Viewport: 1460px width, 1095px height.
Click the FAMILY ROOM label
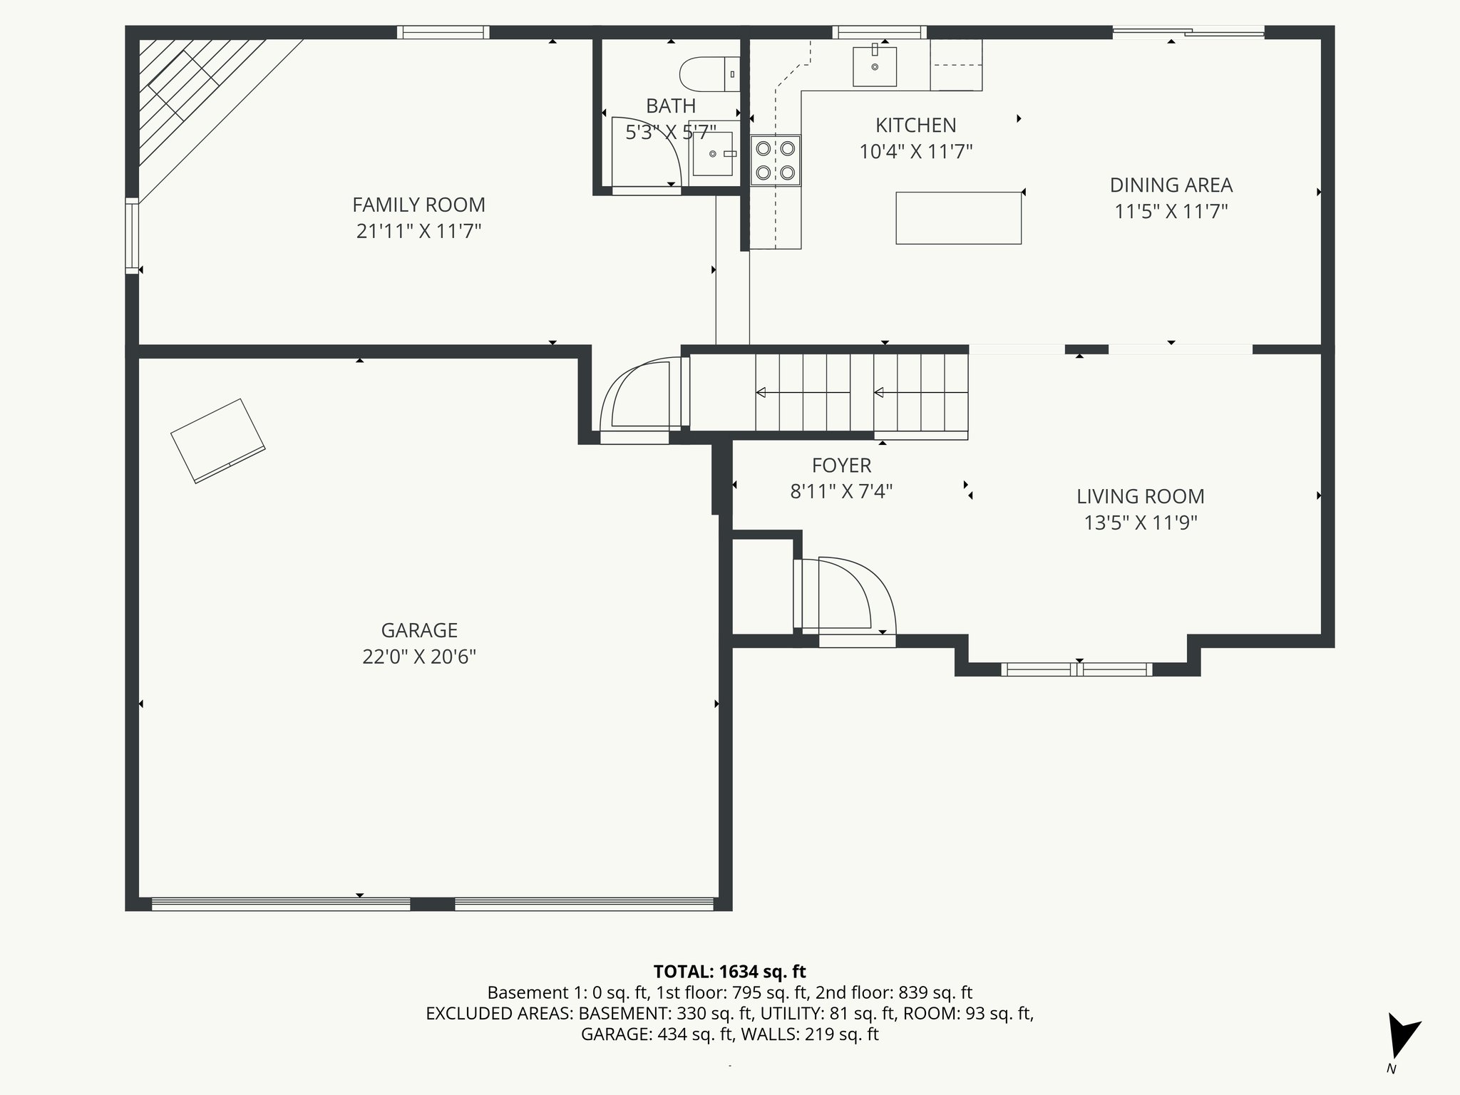click(x=418, y=205)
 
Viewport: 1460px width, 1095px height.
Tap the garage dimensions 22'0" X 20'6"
click(x=418, y=657)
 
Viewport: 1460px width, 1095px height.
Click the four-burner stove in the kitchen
click(x=776, y=160)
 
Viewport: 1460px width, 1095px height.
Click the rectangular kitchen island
click(x=958, y=218)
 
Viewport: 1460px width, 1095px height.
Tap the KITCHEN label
click(x=915, y=125)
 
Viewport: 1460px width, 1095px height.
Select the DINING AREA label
click(x=1171, y=185)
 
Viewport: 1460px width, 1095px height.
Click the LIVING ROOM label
click(x=1140, y=497)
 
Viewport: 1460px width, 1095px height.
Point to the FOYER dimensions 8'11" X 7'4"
click(x=841, y=492)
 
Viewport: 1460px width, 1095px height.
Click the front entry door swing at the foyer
click(x=848, y=597)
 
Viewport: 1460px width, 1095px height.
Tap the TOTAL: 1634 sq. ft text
click(x=729, y=972)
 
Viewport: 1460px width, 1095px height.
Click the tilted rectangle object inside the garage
click(x=217, y=441)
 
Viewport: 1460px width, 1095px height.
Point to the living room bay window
click(x=1076, y=669)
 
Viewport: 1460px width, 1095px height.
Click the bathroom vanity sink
click(x=713, y=153)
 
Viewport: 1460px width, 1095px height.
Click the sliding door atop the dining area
click(x=1188, y=31)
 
